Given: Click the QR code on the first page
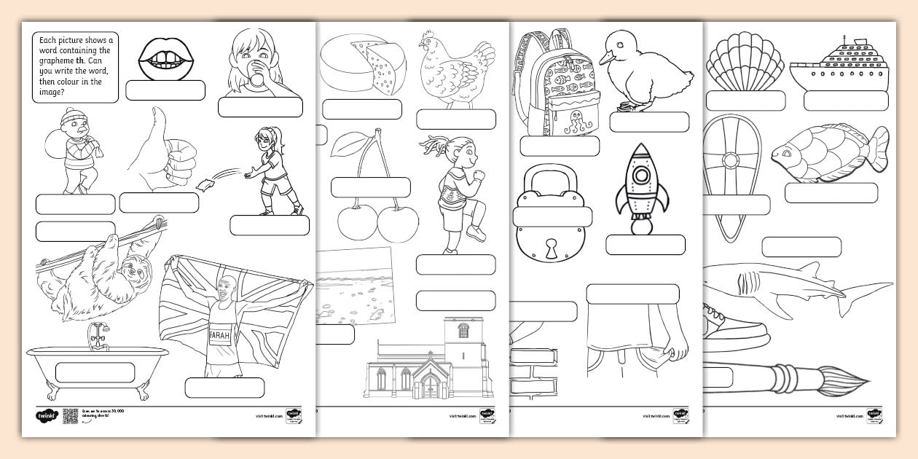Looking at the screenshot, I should (70, 416).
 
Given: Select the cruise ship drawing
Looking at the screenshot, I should (838, 66).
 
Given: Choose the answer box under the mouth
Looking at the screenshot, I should (165, 90).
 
